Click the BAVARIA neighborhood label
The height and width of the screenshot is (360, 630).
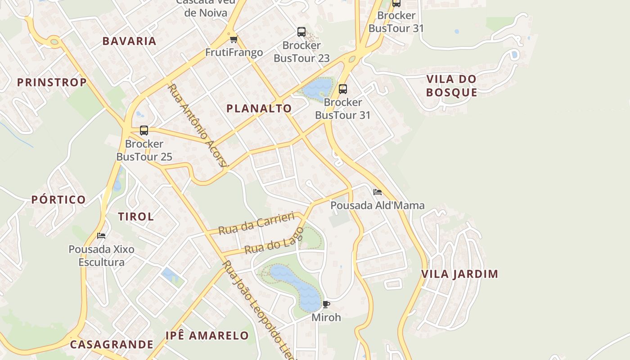click(x=129, y=41)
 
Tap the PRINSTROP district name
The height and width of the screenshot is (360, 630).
click(x=52, y=82)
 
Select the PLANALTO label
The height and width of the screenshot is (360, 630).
click(x=259, y=108)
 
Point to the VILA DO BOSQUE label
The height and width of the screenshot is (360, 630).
click(x=451, y=85)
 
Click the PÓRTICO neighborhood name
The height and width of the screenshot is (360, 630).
click(x=58, y=200)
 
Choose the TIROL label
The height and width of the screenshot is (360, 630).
click(x=136, y=216)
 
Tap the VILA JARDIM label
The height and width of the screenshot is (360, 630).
click(x=459, y=274)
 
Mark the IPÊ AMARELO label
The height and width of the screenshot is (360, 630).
click(x=207, y=335)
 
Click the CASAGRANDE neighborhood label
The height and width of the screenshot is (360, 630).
click(x=112, y=345)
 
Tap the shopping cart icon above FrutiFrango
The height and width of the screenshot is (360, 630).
click(x=234, y=40)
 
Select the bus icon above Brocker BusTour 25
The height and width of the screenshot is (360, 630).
click(x=144, y=130)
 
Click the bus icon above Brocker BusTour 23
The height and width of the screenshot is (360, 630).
click(x=301, y=32)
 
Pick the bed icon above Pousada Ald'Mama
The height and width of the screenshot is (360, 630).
click(x=378, y=192)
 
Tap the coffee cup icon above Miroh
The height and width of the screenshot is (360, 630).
click(x=326, y=304)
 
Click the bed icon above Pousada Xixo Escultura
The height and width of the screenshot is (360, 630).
click(x=101, y=236)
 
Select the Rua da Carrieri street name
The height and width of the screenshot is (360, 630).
click(x=256, y=223)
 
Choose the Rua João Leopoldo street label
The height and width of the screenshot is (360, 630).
click(x=259, y=310)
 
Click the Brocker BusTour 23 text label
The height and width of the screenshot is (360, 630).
click(x=301, y=52)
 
